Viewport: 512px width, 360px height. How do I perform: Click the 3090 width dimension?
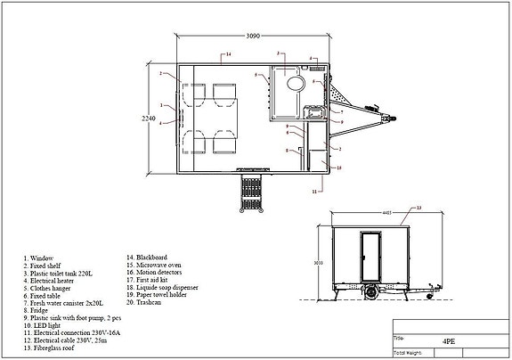(253, 37)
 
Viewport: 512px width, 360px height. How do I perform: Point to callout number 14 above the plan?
(228, 55)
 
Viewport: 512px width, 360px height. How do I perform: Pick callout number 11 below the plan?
(316, 191)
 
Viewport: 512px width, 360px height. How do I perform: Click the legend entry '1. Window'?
(41, 258)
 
